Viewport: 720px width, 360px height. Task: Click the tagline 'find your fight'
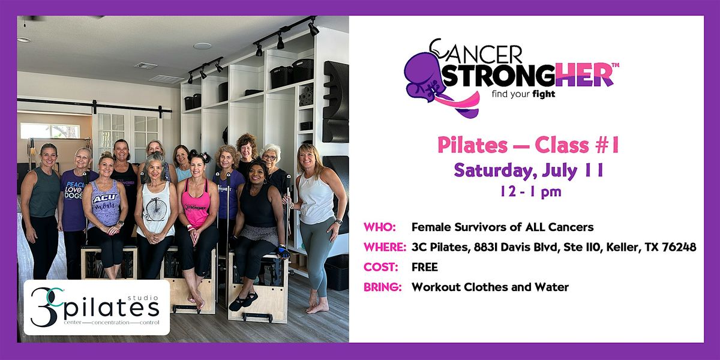click(x=523, y=95)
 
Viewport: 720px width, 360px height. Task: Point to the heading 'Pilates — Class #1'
click(x=528, y=145)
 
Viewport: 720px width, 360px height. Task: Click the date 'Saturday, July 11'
click(x=529, y=171)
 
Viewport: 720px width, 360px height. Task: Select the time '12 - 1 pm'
click(x=530, y=192)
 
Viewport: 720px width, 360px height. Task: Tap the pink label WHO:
click(x=379, y=227)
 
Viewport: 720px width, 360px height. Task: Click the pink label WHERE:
click(x=385, y=247)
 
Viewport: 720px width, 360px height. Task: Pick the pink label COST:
click(x=380, y=267)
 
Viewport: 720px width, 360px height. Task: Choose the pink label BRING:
click(x=383, y=287)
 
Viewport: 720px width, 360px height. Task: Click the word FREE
click(x=425, y=267)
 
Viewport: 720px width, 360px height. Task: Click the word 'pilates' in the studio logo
click(x=111, y=308)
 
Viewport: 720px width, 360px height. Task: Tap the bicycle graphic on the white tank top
click(x=157, y=209)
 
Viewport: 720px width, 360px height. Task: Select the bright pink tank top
click(x=196, y=204)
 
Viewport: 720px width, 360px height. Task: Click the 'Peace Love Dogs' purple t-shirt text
click(x=74, y=190)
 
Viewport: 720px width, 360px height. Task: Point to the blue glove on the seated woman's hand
click(x=283, y=251)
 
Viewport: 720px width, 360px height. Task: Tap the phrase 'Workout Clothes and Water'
click(x=490, y=287)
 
